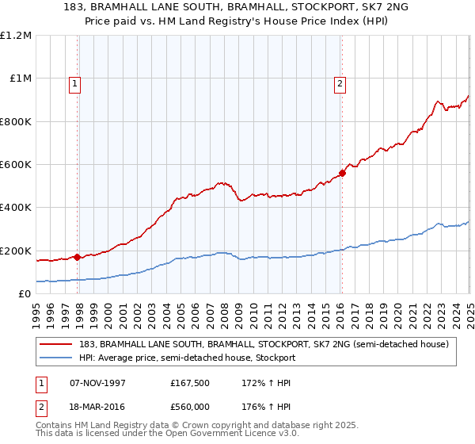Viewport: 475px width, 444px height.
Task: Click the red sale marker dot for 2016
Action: [342, 173]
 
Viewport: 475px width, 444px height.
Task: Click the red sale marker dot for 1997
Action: [78, 257]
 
